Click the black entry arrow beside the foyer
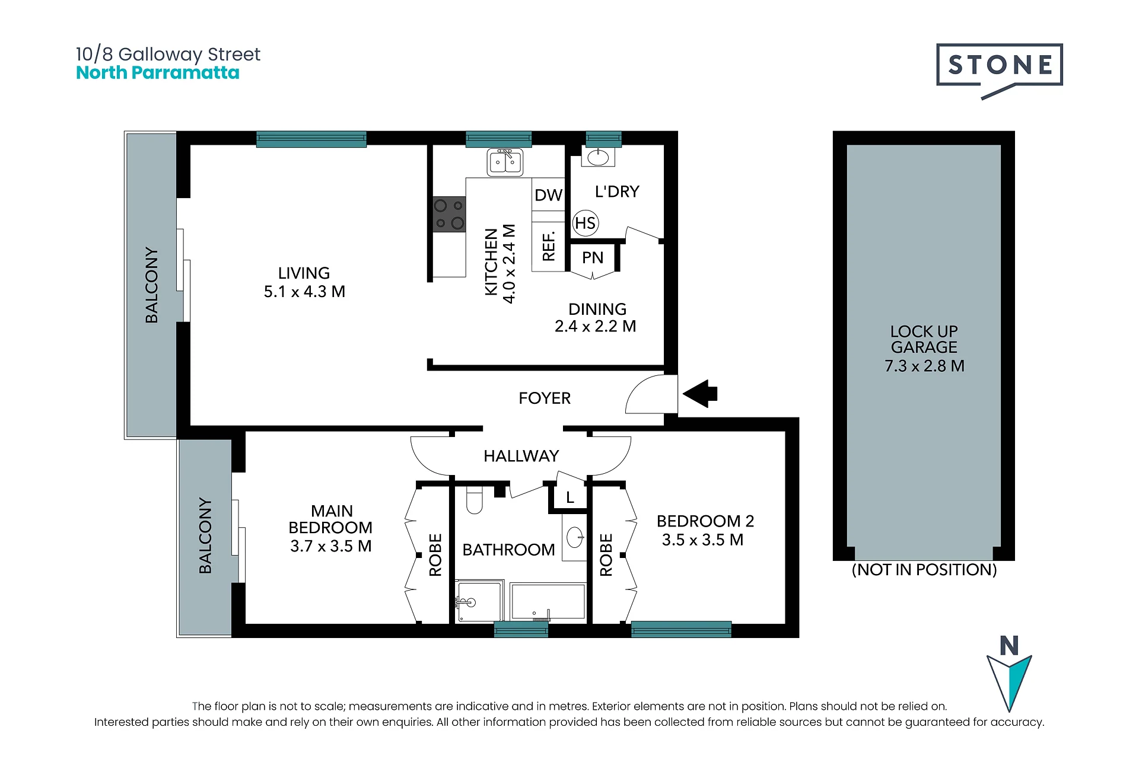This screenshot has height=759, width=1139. tap(700, 394)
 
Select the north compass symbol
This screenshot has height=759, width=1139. tap(1009, 673)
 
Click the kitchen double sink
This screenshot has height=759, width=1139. tap(505, 162)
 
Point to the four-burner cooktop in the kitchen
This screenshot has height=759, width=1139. tap(449, 214)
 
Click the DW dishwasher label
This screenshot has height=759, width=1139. tap(548, 195)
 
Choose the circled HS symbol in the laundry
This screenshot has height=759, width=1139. tap(586, 223)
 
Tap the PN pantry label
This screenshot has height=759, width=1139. tap(593, 257)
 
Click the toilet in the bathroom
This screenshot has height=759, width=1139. tap(475, 500)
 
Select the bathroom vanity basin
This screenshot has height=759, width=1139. tap(575, 538)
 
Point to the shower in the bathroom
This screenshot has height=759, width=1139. tap(479, 601)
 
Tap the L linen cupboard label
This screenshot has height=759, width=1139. tap(570, 498)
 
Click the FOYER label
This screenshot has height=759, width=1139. tap(545, 398)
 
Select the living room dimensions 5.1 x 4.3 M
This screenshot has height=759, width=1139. tap(304, 292)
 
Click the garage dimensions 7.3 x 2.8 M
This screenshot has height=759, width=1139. tap(924, 366)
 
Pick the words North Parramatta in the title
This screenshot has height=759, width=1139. tap(158, 73)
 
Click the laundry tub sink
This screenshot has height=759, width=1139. tap(598, 157)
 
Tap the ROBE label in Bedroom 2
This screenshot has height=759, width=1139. tap(606, 555)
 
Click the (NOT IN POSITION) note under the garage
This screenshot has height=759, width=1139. tap(924, 570)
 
